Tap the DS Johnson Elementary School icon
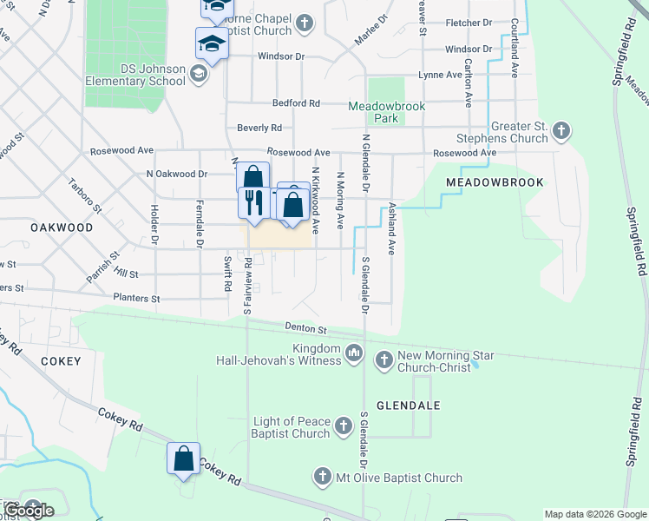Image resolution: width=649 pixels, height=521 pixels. tap(199, 75)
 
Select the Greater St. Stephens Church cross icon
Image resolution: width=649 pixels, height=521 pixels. tap(561, 131)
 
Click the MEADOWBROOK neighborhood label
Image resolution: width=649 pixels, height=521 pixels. tap(495, 182)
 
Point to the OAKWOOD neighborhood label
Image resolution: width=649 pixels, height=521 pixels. tap(62, 227)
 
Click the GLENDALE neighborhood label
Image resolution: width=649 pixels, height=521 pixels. tap(409, 406)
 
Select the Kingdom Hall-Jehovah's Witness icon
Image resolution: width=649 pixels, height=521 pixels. tap(353, 353)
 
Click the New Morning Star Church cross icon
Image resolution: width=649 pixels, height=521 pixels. tap(383, 358)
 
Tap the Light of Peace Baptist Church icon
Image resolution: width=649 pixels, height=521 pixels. tap(344, 425)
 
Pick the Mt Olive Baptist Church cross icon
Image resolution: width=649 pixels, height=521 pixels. tap(322, 477)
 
